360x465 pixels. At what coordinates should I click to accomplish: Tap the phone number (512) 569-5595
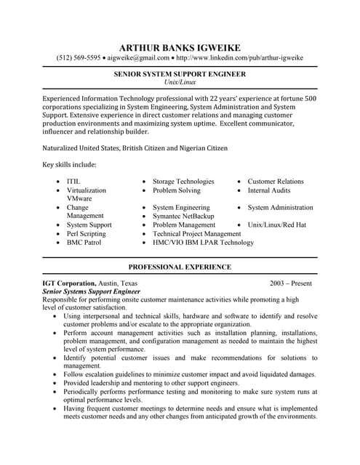point(79,58)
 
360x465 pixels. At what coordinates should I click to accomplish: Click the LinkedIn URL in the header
point(239,58)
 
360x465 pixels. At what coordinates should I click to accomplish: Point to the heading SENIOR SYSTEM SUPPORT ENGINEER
point(180,74)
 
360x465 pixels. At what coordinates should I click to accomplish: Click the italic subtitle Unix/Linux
point(180,82)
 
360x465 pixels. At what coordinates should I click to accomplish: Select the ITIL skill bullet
point(73,181)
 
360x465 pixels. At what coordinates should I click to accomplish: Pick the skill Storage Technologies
point(183,181)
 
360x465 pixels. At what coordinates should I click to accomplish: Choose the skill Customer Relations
point(276,181)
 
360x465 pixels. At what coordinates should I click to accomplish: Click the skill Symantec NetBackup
point(183,216)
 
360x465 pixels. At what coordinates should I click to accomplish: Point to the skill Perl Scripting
point(86,234)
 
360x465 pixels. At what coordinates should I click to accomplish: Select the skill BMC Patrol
point(83,243)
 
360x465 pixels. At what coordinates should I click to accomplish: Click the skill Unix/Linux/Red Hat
point(277,225)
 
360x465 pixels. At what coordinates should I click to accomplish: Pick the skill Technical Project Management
point(196,234)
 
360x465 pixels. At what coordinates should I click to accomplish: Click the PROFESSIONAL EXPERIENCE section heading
point(180,267)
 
